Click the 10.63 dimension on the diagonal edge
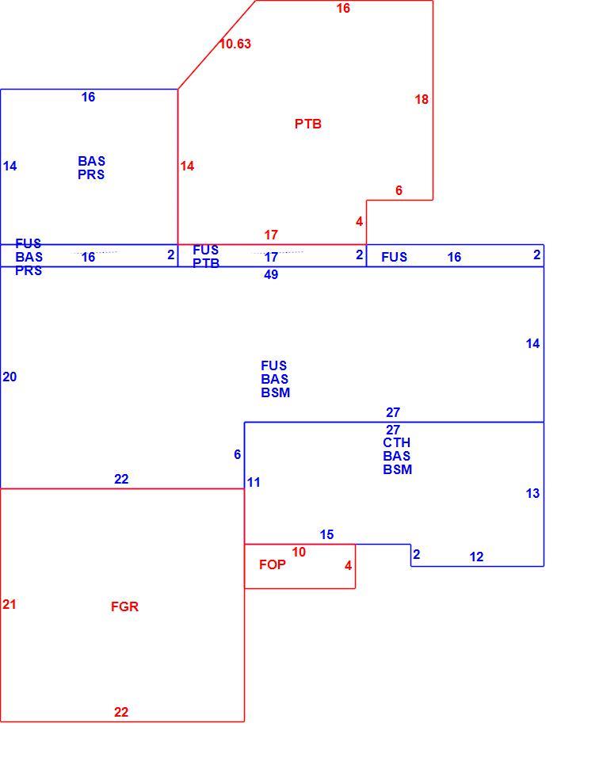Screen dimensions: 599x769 pos(235,44)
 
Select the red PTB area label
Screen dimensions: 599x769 pos(308,124)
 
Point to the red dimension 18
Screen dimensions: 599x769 pos(422,100)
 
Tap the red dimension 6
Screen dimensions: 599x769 pos(399,190)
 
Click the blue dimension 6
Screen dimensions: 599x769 pos(237,454)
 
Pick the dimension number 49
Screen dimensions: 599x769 pos(271,274)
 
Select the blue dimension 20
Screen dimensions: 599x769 pos(10,377)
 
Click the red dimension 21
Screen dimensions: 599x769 pos(10,605)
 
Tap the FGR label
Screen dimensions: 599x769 pos(124,607)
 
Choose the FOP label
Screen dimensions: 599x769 pos(273,565)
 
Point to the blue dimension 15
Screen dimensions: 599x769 pos(327,534)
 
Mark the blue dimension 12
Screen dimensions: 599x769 pos(476,557)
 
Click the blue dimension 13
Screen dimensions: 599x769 pos(532,494)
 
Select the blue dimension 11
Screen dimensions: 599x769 pos(254,483)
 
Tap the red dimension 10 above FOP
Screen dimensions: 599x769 pos(299,553)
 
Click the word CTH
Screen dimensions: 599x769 pos(396,443)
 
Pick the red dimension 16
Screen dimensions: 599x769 pos(343,9)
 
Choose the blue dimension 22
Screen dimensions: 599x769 pos(121,479)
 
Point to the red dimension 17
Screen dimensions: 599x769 pos(271,235)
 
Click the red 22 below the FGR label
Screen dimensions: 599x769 pos(121,713)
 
